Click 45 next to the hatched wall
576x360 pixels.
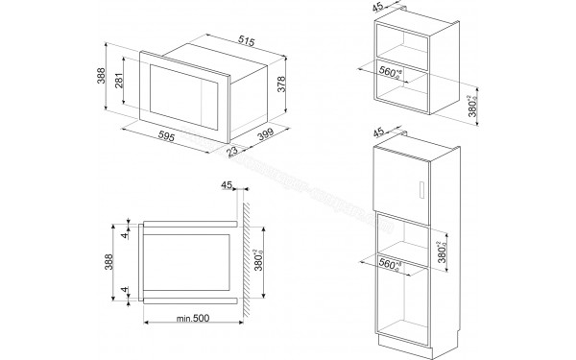tap(227, 186)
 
